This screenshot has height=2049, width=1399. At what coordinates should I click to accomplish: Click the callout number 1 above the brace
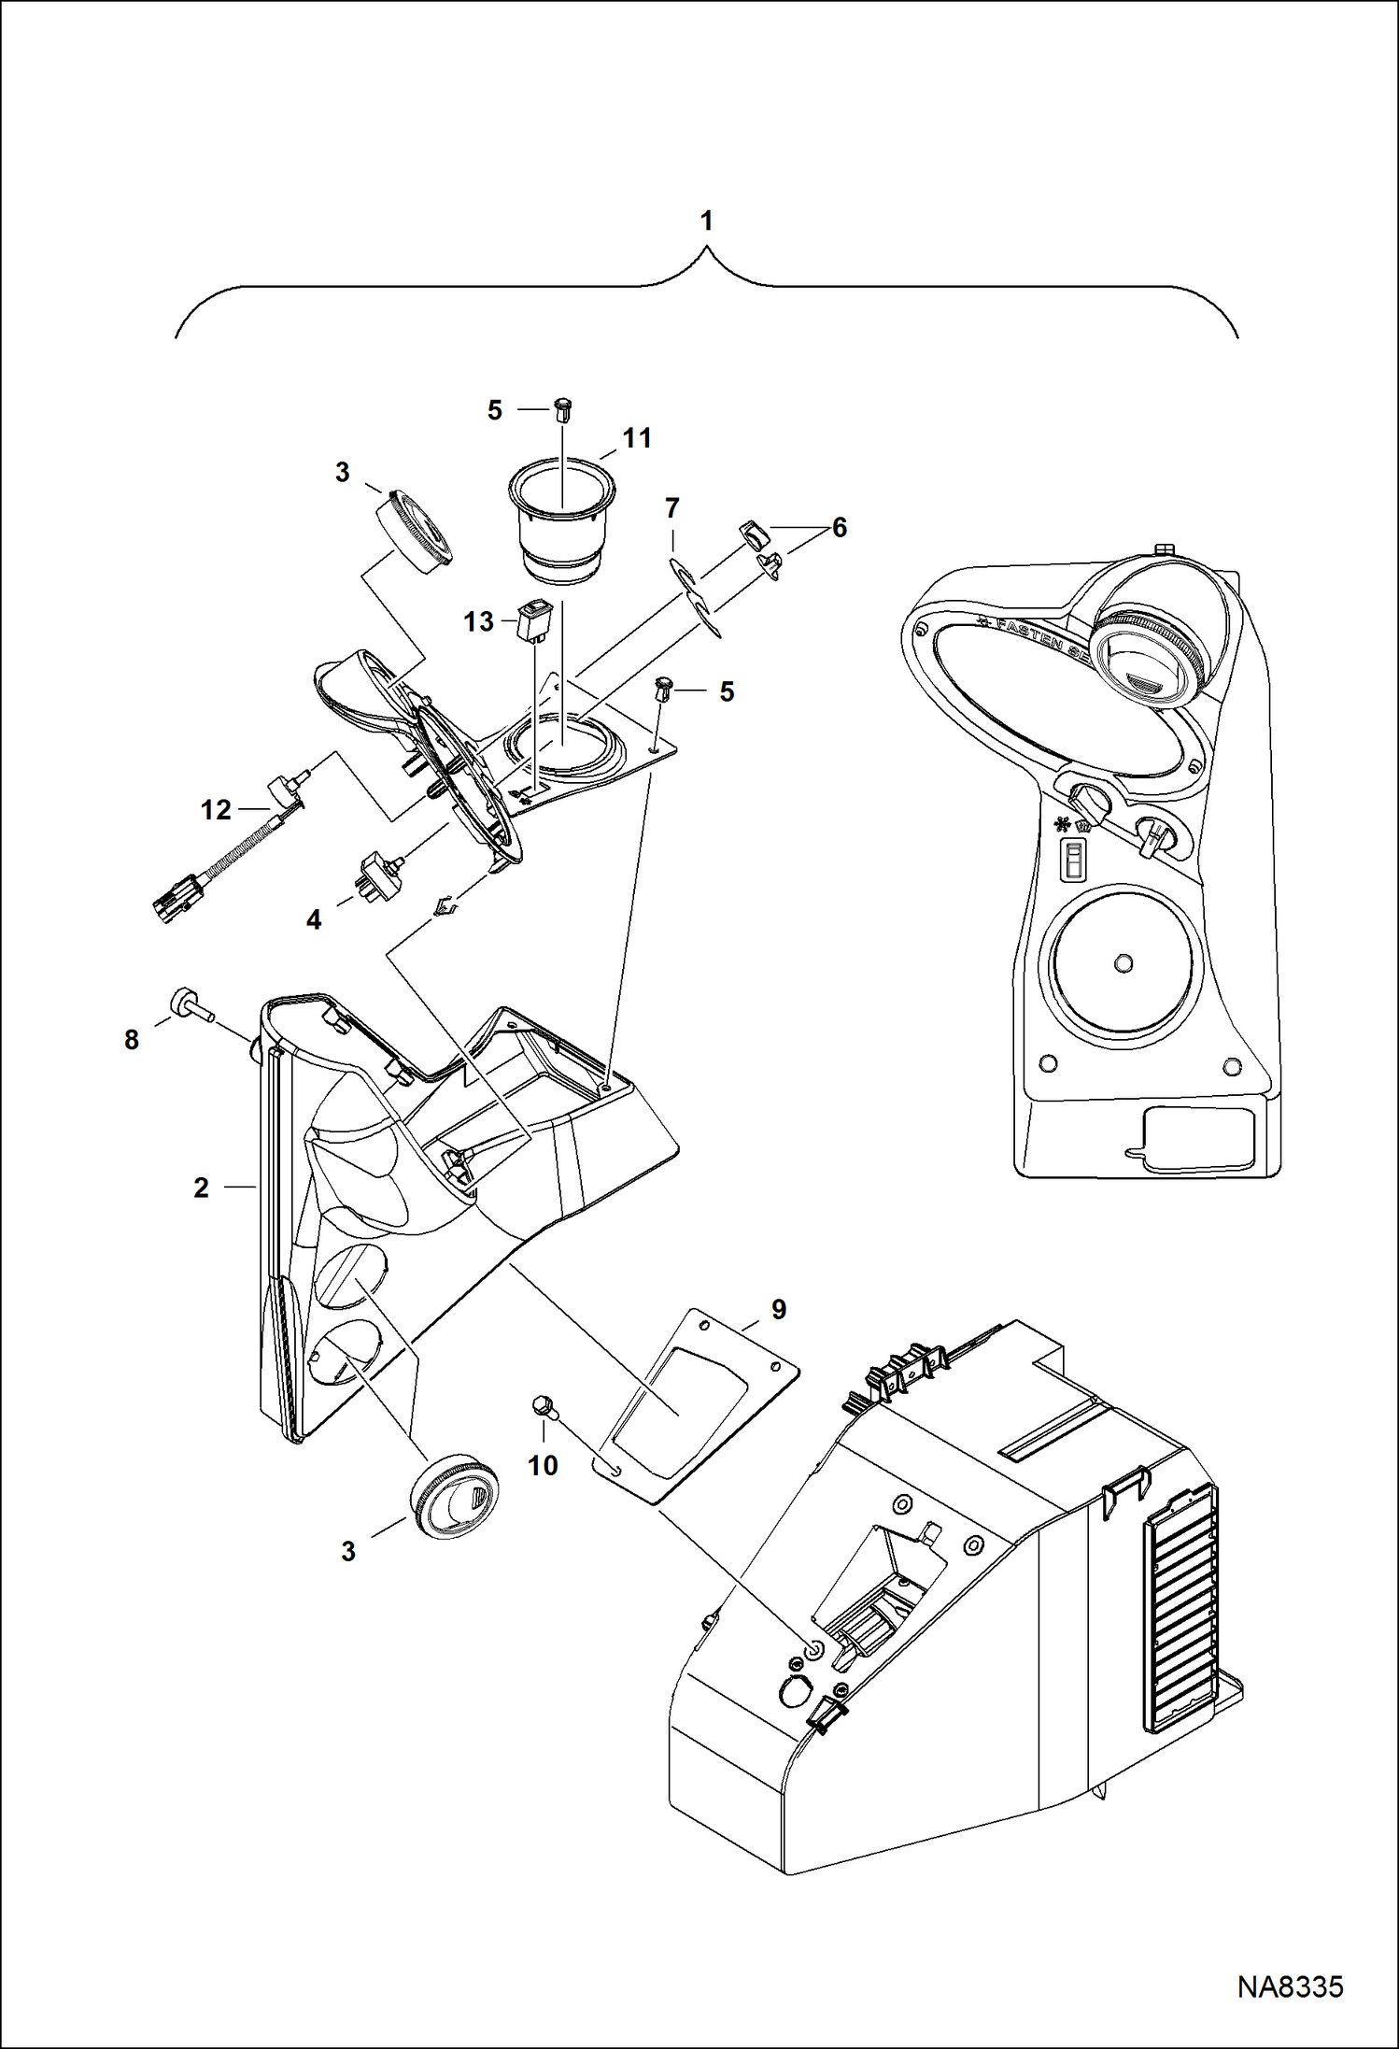[707, 221]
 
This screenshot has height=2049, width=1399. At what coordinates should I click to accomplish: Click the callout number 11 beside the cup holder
[637, 438]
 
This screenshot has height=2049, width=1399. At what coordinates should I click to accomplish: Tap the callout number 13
[478, 621]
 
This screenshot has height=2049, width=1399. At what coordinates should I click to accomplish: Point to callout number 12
[216, 809]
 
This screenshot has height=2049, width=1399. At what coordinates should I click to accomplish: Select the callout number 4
[314, 920]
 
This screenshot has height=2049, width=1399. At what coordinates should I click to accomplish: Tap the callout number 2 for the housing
[201, 1188]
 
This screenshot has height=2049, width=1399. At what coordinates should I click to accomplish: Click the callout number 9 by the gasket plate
[778, 1310]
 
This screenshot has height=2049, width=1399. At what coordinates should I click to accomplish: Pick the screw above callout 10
[543, 1407]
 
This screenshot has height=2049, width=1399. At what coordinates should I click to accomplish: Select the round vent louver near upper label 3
[417, 530]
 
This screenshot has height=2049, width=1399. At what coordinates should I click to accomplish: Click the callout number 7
[671, 508]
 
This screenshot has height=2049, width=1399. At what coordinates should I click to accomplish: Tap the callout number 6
[839, 528]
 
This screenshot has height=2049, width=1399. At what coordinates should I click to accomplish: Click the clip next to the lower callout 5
[666, 690]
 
